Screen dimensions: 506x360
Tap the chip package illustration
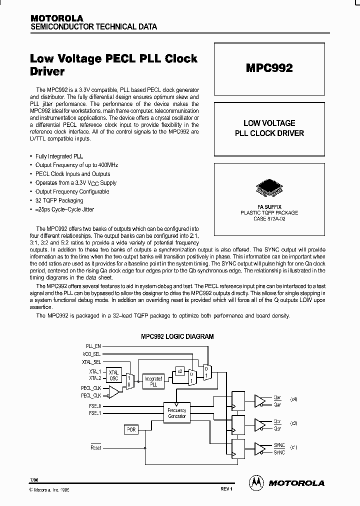pos(269,187)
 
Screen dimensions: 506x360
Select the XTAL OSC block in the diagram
pos(114,375)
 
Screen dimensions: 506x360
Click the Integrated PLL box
pos(153,382)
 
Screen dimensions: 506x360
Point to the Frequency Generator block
pos(177,413)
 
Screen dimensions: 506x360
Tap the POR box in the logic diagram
pos(131,429)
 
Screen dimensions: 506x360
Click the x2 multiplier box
pos(179,371)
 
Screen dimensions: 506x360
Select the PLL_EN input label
pos(93,345)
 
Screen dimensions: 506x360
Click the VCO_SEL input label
pos(92,353)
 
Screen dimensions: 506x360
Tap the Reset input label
pos(95,447)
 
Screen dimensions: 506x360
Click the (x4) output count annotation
pos(293,399)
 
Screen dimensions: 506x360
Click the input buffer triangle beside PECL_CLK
pos(113,392)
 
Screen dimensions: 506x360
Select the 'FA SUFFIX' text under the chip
pos(269,206)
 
